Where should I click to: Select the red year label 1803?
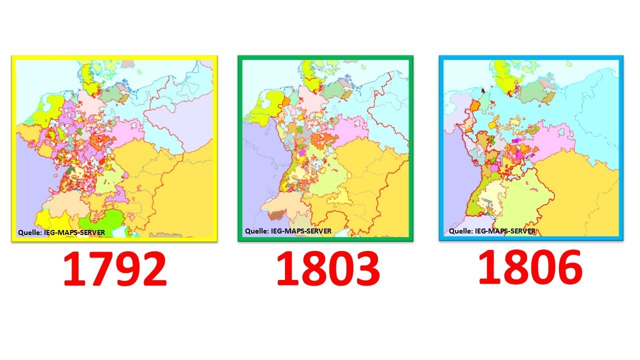pos(327,268)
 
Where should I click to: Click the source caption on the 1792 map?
pos(61,232)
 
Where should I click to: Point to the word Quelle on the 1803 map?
pos(256,231)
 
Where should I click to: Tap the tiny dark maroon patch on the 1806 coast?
pos(483,90)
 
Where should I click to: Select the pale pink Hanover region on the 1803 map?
pos(311,100)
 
